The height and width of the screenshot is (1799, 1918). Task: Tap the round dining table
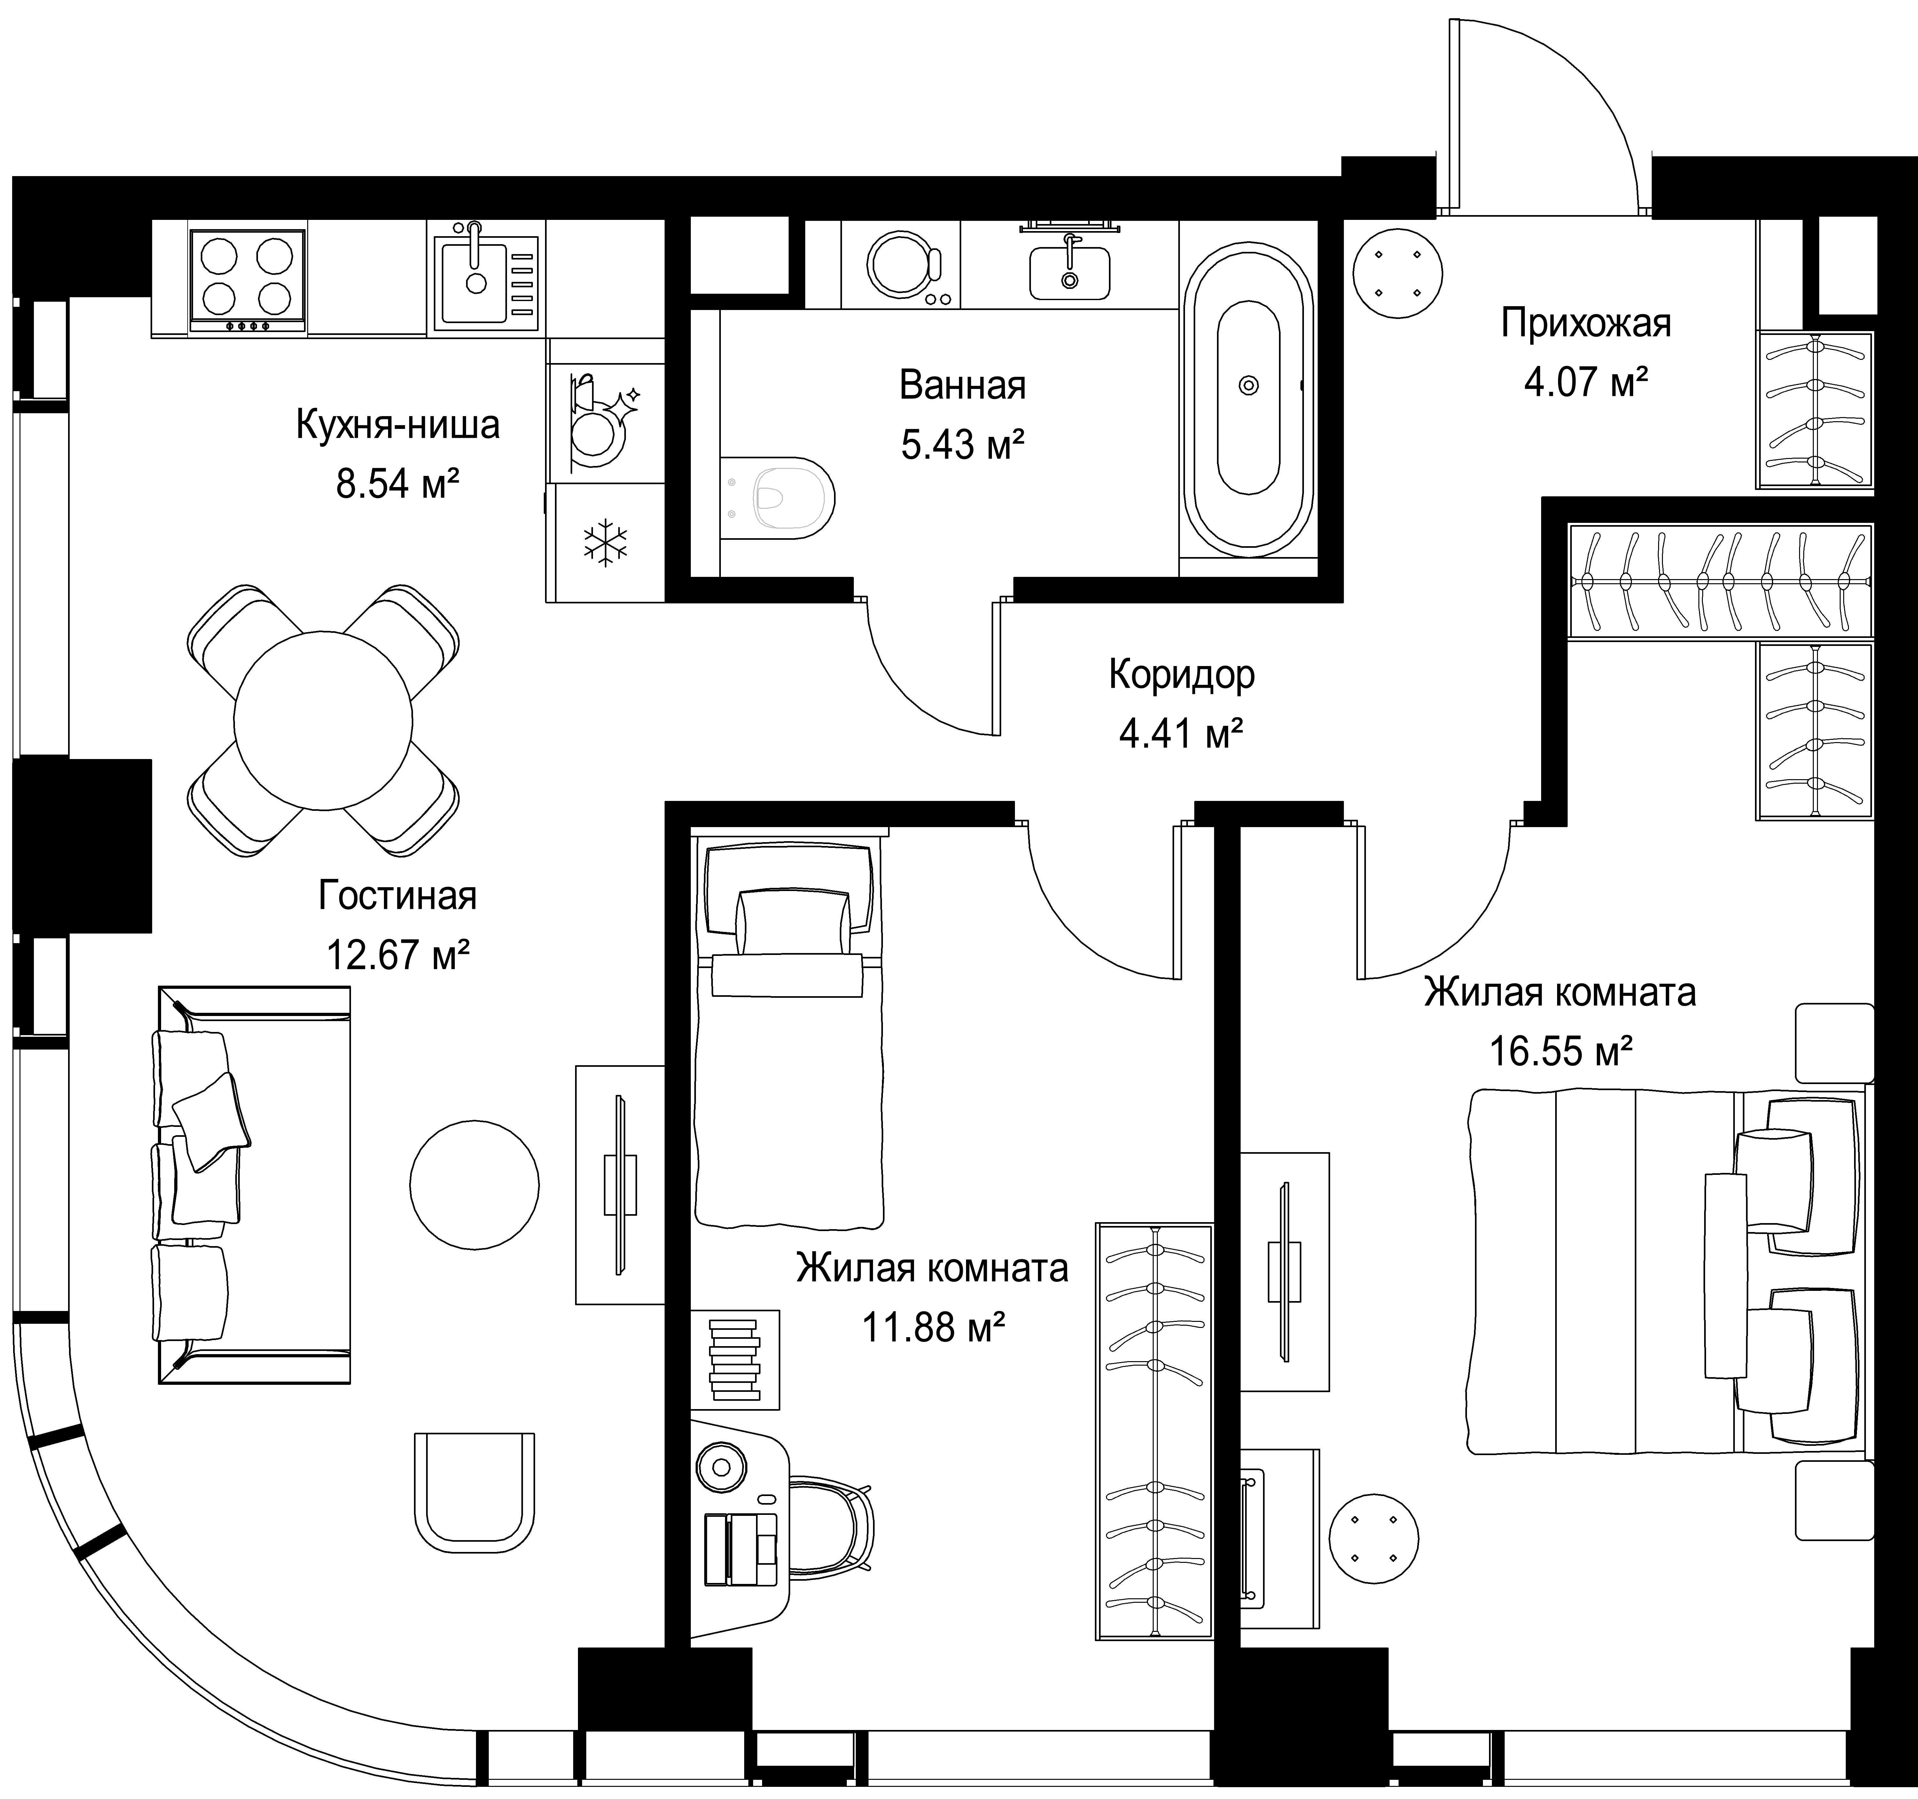[x=323, y=720]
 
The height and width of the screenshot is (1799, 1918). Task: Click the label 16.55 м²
[x=1561, y=1050]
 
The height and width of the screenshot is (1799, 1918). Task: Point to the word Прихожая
[x=1585, y=323]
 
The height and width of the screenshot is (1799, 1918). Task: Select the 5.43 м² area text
[x=962, y=445]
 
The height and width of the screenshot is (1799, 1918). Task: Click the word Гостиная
[x=397, y=895]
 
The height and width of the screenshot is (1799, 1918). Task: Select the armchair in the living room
[x=474, y=1491]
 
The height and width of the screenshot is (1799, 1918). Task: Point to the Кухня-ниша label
[x=397, y=424]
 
